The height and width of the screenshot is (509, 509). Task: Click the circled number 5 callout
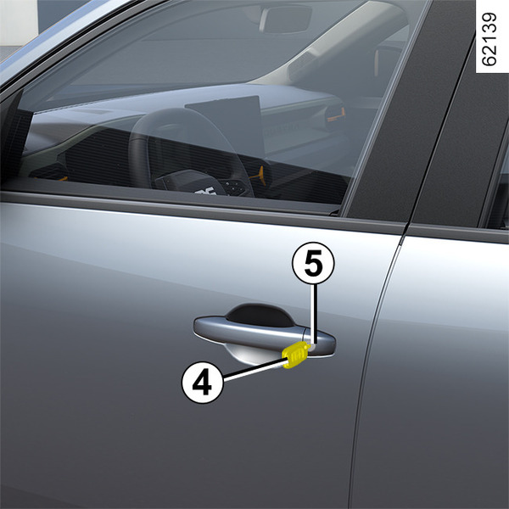[x=313, y=263]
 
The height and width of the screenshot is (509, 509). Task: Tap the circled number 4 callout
[x=202, y=383]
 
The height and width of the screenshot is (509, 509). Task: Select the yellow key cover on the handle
[x=295, y=355]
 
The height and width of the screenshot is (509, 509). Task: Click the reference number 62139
[x=489, y=39]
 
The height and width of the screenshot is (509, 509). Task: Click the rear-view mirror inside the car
[x=285, y=20]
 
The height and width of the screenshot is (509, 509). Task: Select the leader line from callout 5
[x=313, y=313]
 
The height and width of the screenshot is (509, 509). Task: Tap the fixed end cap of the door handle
[x=322, y=344]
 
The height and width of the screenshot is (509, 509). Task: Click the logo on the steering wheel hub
[x=205, y=191]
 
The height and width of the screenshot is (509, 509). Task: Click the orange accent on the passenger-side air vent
[x=336, y=115]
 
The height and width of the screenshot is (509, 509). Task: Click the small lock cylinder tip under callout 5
[x=312, y=347]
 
